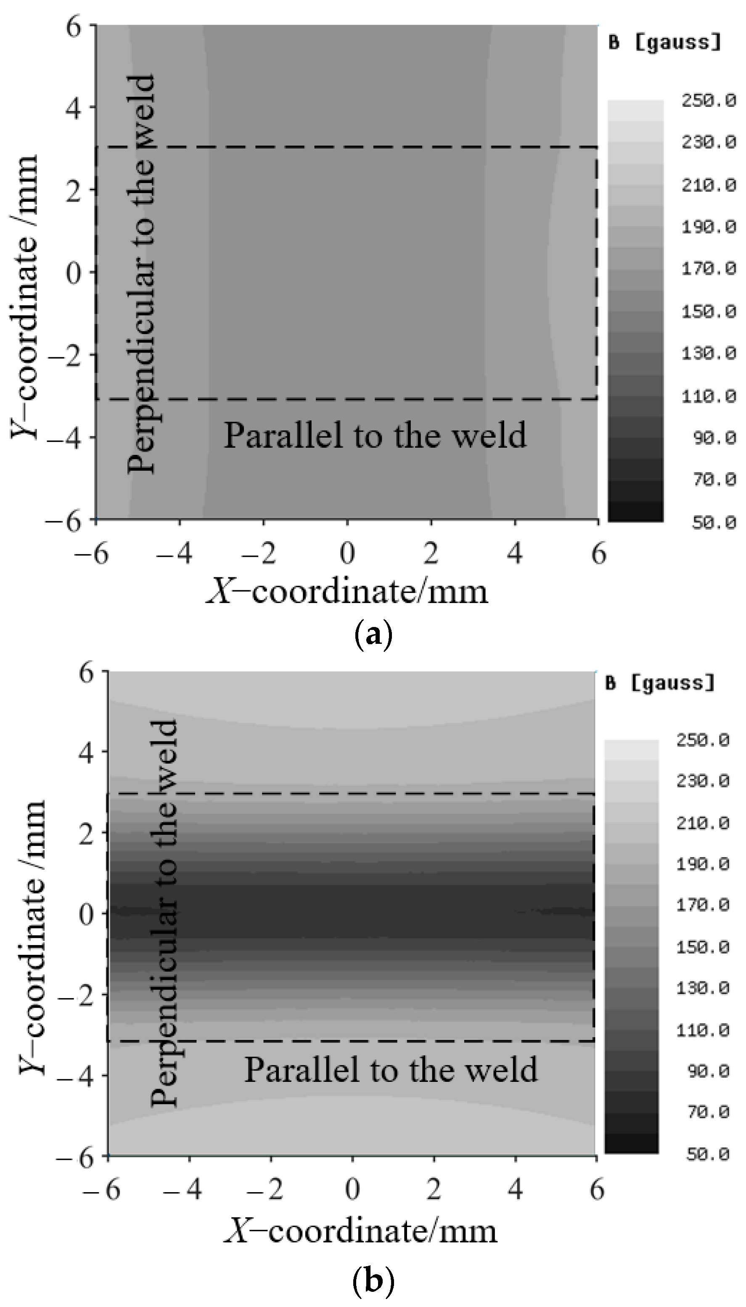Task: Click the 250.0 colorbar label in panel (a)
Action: [x=708, y=101]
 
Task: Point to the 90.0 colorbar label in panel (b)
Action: [x=706, y=1071]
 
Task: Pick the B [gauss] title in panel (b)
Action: [x=660, y=683]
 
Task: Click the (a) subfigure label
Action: [x=373, y=635]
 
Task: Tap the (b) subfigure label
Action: [x=373, y=1280]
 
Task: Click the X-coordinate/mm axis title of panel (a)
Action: [x=347, y=591]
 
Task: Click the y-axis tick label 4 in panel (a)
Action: [x=74, y=107]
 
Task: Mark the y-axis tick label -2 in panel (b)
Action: [x=77, y=994]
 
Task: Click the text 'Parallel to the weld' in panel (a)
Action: [x=375, y=435]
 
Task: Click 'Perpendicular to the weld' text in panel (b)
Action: [x=164, y=912]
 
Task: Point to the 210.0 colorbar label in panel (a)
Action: [x=708, y=184]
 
